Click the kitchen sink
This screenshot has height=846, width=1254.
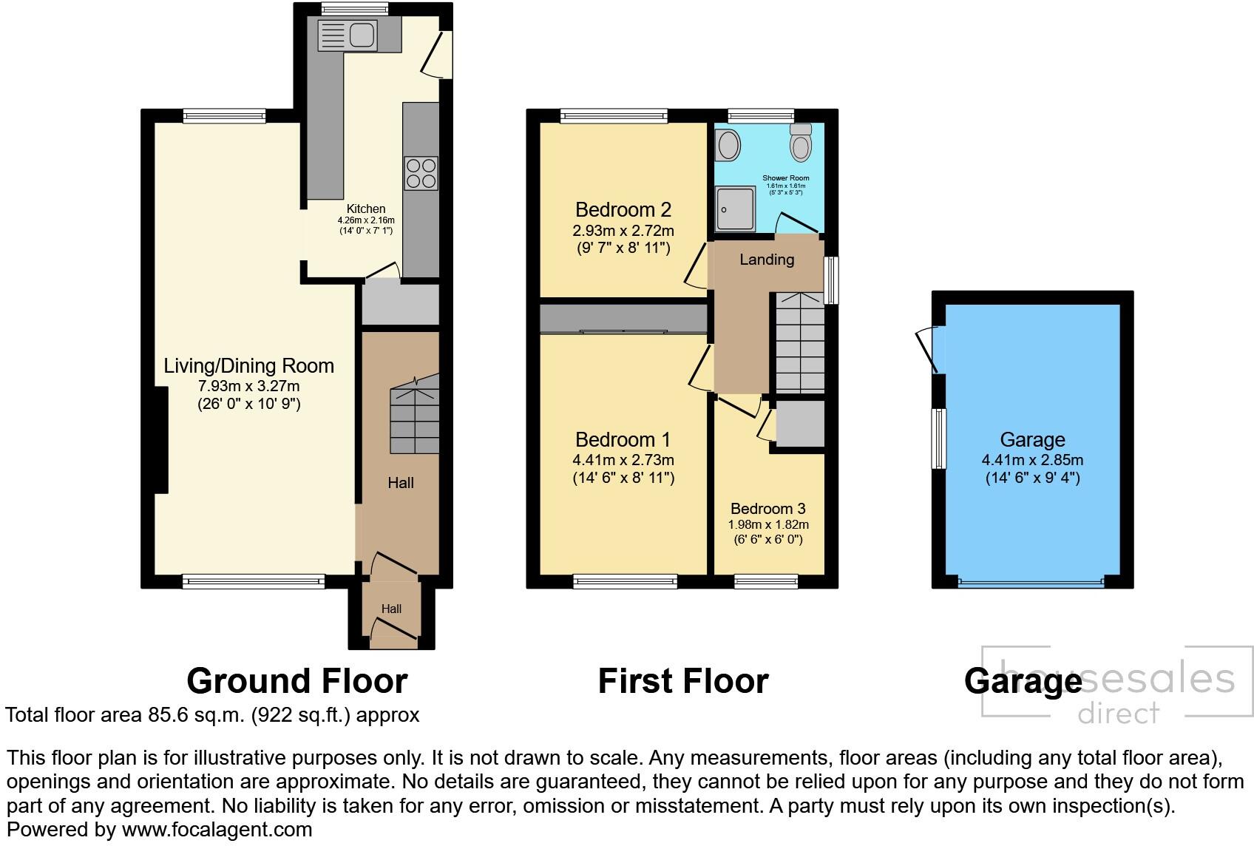click(348, 35)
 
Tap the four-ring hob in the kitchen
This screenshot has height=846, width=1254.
click(421, 172)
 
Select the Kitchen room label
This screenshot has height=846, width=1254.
click(366, 209)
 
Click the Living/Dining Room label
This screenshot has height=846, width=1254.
click(248, 365)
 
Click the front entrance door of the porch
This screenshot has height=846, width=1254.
click(393, 630)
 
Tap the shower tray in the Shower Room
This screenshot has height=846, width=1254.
click(736, 209)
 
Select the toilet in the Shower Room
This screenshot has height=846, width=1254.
click(801, 142)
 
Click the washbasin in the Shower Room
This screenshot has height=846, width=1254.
click(728, 145)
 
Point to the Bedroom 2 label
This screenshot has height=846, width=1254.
click(623, 209)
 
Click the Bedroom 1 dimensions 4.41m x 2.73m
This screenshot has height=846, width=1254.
click(623, 459)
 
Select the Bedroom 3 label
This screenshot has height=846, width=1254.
click(767, 509)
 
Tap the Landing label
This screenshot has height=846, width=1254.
click(767, 260)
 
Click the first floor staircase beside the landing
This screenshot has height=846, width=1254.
click(799, 342)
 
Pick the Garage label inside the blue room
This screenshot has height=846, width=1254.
click(1032, 440)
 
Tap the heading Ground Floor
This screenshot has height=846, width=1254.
click(296, 680)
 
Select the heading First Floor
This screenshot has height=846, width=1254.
click(682, 680)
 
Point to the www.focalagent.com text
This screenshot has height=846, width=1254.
click(217, 830)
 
